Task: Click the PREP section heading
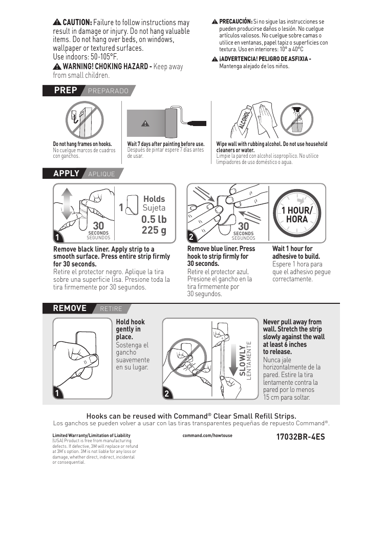[66, 91]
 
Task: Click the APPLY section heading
[67, 173]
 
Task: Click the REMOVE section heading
[70, 308]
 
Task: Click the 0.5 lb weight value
[154, 219]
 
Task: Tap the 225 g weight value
[154, 230]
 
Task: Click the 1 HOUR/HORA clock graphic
[297, 213]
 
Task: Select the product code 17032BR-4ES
[301, 437]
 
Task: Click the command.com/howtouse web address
[207, 436]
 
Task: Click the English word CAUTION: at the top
[77, 23]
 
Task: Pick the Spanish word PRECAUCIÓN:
[236, 22]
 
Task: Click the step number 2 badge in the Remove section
[167, 394]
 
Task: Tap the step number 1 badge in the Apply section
[58, 238]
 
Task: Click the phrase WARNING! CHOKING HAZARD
[107, 67]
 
